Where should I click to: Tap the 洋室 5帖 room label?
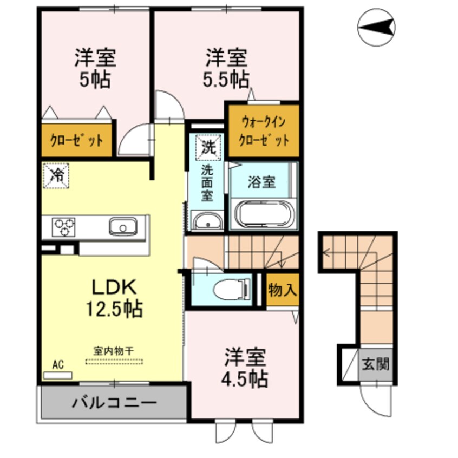pos(96,69)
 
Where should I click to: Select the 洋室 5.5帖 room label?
pos(226,69)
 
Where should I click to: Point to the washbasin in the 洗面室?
pos(206,221)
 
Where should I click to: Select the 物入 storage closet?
pos(282,290)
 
